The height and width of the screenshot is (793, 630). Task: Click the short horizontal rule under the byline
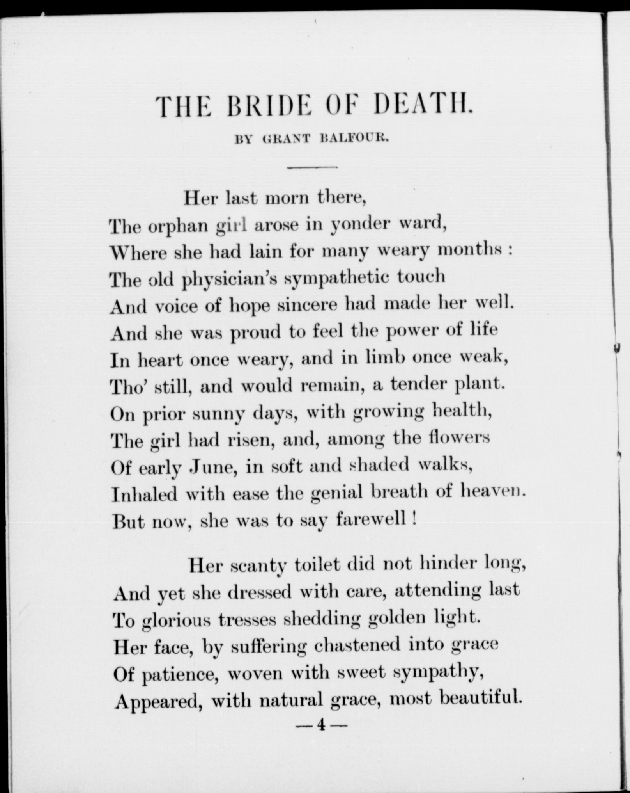(312, 168)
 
